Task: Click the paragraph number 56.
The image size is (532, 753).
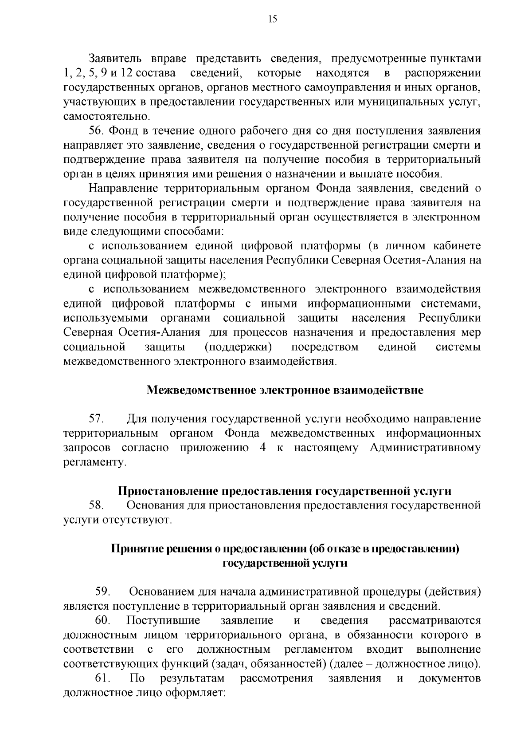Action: [97, 131]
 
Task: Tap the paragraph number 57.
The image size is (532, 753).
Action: [97, 419]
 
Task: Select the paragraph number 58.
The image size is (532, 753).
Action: [97, 505]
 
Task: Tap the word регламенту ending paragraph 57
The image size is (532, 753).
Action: [94, 462]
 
